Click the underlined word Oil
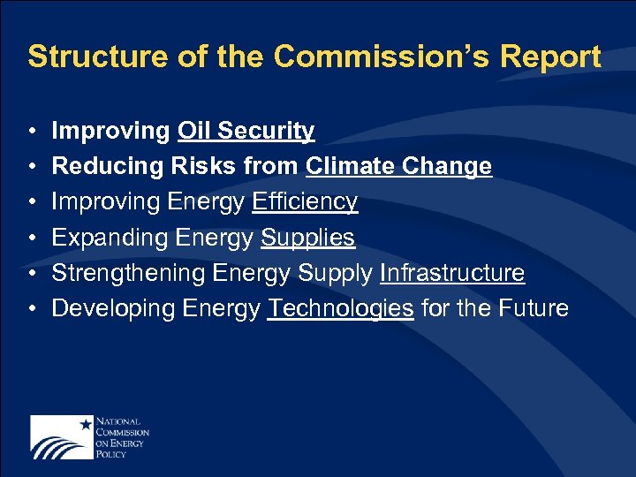tap(194, 132)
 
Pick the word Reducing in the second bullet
tap(99, 167)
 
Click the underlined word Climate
tap(351, 167)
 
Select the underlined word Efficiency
tap(305, 202)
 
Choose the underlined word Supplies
tap(307, 238)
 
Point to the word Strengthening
tap(128, 273)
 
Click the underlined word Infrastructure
tap(452, 273)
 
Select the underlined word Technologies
tap(341, 308)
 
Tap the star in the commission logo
tap(86, 424)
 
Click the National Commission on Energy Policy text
tap(121, 436)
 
